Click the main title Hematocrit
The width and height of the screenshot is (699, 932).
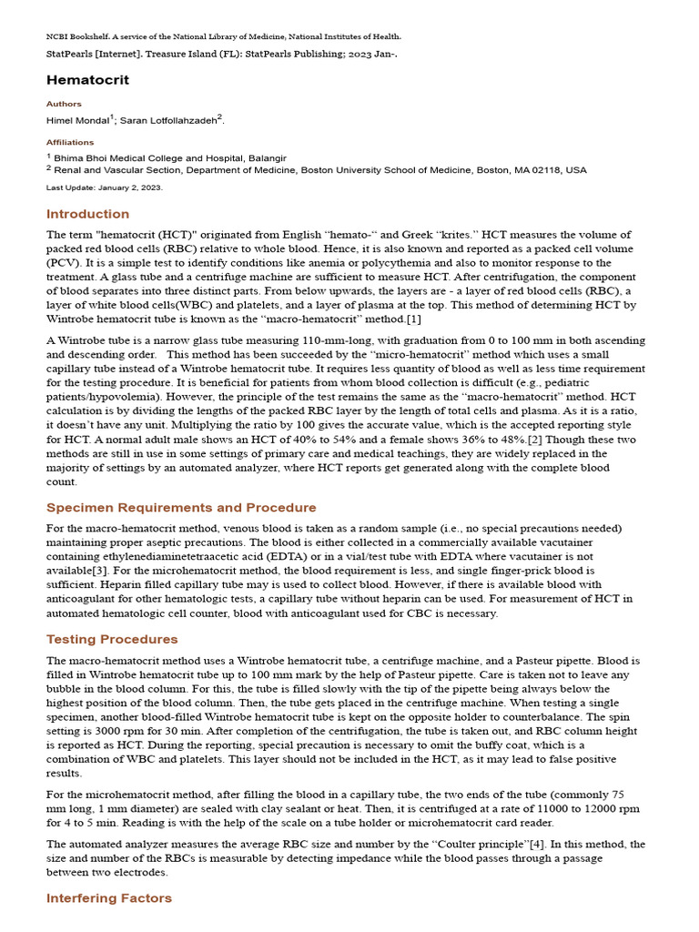[x=88, y=80]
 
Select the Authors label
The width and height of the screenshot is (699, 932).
[x=64, y=104]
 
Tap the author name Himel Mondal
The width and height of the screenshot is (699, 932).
[x=78, y=120]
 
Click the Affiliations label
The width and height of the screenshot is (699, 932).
[x=70, y=142]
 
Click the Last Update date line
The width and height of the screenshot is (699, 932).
[x=104, y=187]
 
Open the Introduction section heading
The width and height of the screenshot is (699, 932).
[x=87, y=214]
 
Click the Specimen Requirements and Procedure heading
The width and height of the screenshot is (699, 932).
[x=181, y=508]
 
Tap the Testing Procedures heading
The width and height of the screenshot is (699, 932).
[x=112, y=639]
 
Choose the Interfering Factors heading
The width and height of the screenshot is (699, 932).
[x=108, y=898]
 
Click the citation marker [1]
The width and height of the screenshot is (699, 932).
[x=413, y=319]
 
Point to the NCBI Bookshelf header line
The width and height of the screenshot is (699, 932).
[x=223, y=36]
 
